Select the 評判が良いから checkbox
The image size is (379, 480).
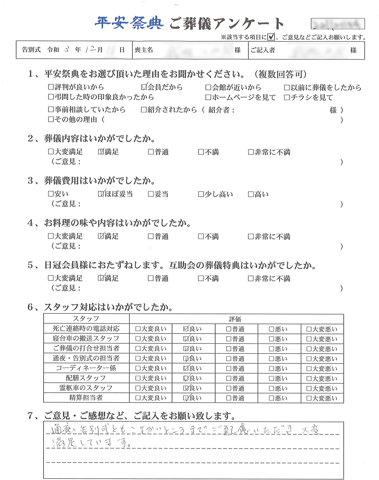[51, 87]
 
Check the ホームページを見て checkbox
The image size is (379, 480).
[208, 98]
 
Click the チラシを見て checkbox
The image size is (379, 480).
[287, 98]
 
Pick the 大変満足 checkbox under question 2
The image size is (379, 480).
[51, 152]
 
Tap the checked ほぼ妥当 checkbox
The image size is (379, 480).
[101, 194]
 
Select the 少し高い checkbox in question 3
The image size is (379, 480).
[201, 194]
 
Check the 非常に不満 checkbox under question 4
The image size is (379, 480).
[251, 236]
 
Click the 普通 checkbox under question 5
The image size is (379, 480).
[151, 279]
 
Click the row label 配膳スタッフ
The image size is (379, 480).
[86, 378]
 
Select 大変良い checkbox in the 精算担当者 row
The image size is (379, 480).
[138, 398]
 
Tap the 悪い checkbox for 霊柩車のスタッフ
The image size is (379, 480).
[271, 388]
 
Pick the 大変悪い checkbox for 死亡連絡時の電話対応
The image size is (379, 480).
[309, 329]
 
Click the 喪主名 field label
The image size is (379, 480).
[144, 50]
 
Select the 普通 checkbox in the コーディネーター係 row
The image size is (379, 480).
[229, 368]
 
